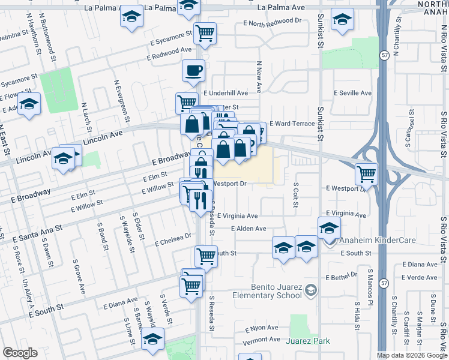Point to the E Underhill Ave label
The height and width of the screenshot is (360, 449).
(225, 94)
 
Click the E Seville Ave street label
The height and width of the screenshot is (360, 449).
(352, 93)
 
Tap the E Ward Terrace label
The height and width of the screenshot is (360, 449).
(292, 123)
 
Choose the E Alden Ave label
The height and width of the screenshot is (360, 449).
(249, 229)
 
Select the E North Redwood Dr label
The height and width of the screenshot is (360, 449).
(273, 22)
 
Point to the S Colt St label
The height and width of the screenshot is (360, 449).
(295, 195)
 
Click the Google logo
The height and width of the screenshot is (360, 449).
(20, 353)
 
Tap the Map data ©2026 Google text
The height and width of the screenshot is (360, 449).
(412, 355)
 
